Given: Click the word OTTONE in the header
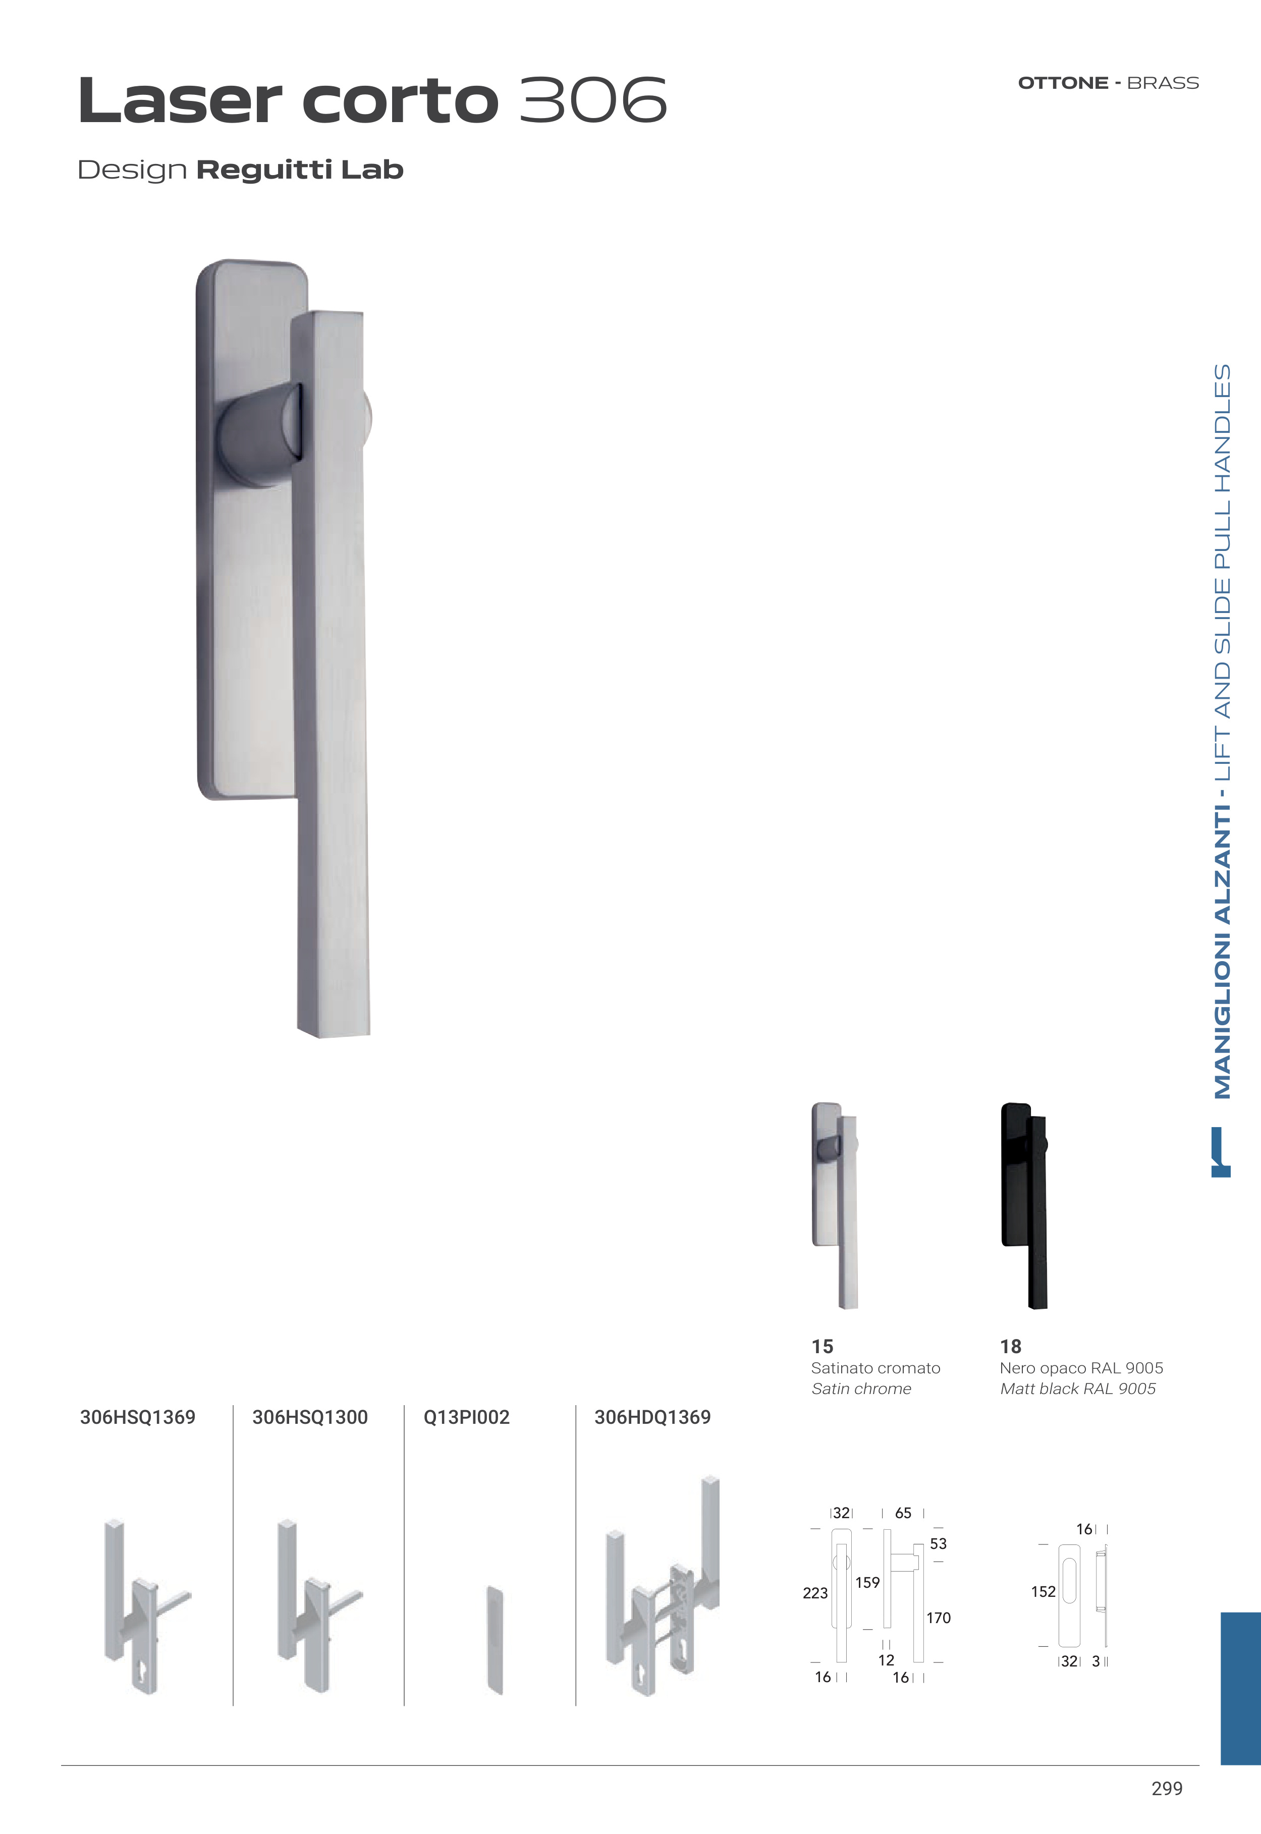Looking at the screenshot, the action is pyautogui.click(x=1063, y=83).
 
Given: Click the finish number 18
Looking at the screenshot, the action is pyautogui.click(x=1011, y=1346).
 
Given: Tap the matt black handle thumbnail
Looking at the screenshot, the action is pyautogui.click(x=1025, y=1205).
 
